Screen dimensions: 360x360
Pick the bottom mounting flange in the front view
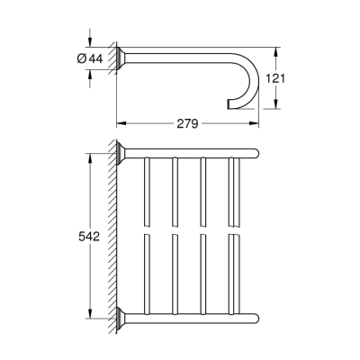tap(123, 317)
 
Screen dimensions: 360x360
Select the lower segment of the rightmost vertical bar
tap(233, 274)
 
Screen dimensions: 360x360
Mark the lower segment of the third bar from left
tap(204, 274)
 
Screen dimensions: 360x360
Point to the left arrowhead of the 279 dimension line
tap(119, 121)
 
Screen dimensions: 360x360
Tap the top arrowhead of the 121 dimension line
tap(274, 49)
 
